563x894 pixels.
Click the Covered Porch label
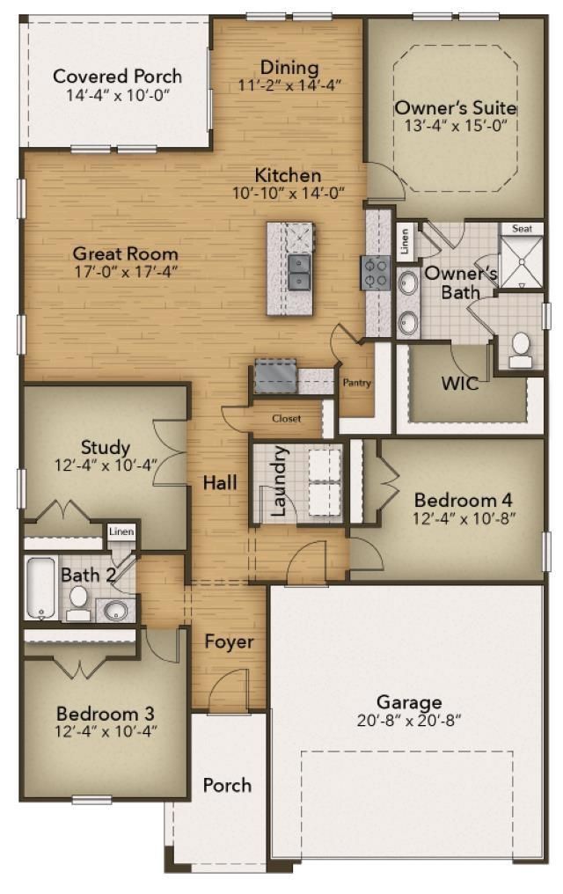pyautogui.click(x=117, y=76)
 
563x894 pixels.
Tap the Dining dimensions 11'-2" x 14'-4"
pyautogui.click(x=289, y=85)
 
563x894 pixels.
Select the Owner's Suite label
pyautogui.click(x=454, y=107)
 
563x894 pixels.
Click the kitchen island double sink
pyautogui.click(x=299, y=272)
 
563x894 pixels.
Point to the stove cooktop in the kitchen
pyautogui.click(x=376, y=272)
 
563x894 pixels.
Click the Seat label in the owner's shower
pyautogui.click(x=522, y=228)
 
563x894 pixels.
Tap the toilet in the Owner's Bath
pyautogui.click(x=520, y=349)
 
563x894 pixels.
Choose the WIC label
pyautogui.click(x=461, y=384)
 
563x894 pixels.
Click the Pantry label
pyautogui.click(x=357, y=383)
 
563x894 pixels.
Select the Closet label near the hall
pyautogui.click(x=286, y=419)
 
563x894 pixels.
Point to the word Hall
pyautogui.click(x=220, y=482)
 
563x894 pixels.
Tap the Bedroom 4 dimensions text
pyautogui.click(x=464, y=518)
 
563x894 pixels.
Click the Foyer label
pyautogui.click(x=229, y=641)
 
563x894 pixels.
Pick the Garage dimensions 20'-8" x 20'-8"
pyautogui.click(x=408, y=719)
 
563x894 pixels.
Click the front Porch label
pyautogui.click(x=227, y=785)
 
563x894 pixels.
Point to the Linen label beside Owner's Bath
pyautogui.click(x=405, y=242)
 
